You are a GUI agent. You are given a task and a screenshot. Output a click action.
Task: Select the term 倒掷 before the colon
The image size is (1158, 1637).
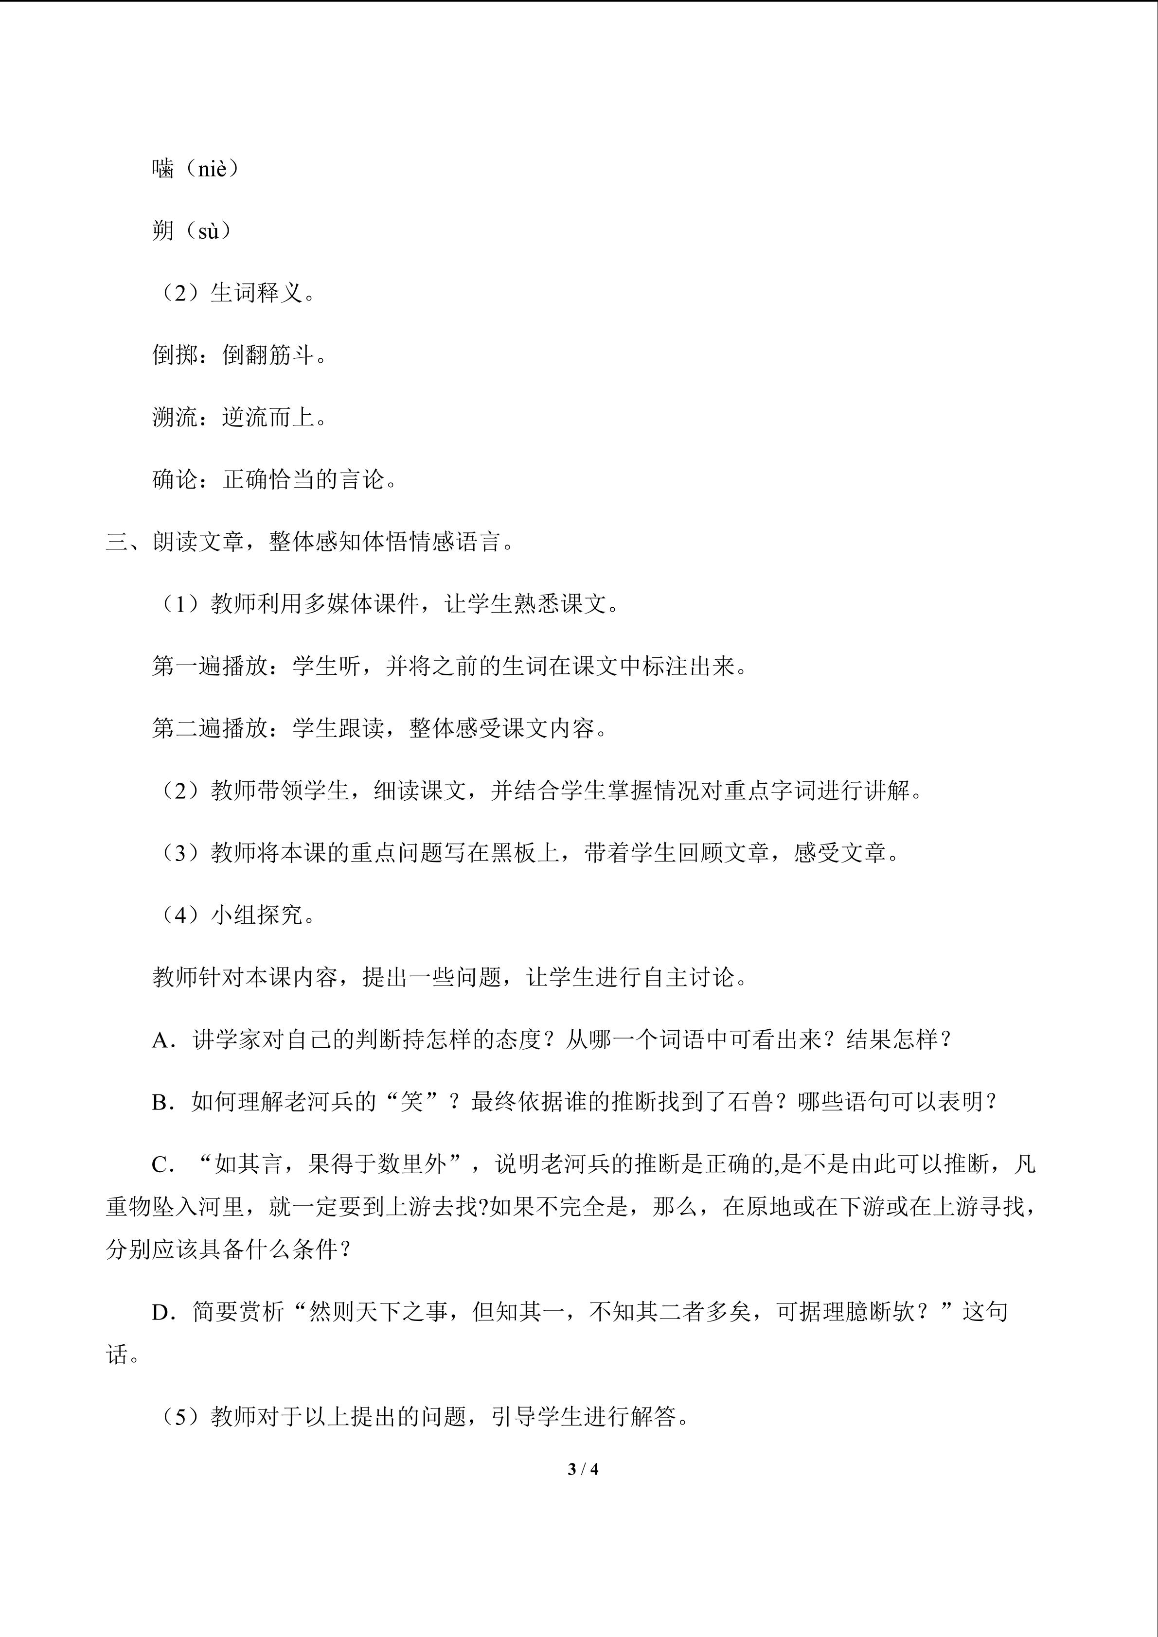click(175, 354)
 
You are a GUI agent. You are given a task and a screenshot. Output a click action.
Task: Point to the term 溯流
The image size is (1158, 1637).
click(175, 417)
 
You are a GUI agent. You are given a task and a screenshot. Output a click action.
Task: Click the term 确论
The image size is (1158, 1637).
click(175, 479)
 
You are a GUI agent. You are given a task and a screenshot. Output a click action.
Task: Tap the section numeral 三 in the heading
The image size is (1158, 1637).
click(117, 542)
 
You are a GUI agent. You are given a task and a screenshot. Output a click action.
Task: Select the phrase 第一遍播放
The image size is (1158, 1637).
click(210, 667)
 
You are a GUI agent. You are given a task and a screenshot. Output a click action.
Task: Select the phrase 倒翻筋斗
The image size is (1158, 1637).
click(267, 354)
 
